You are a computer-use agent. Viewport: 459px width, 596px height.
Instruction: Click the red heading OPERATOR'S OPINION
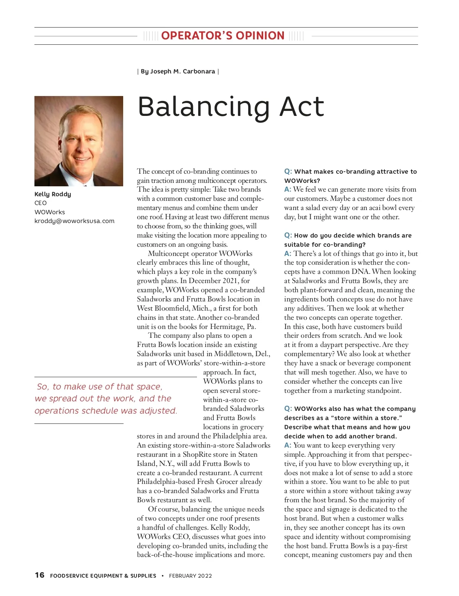[x=223, y=36]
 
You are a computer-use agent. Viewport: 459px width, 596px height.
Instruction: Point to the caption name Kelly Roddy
[x=53, y=194]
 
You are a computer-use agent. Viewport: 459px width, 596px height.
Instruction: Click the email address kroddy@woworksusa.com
[x=74, y=221]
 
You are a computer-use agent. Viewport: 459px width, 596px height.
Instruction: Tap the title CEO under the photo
[x=41, y=203]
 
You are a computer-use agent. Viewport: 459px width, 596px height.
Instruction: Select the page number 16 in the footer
[x=39, y=575]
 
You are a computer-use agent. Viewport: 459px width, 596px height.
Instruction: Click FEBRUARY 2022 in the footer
[x=190, y=576]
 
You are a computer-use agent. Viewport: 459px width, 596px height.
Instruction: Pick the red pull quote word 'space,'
[x=149, y=387]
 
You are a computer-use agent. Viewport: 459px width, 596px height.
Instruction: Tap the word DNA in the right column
[x=362, y=272]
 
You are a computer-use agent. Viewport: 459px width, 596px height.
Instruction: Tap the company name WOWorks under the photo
[x=50, y=212]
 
